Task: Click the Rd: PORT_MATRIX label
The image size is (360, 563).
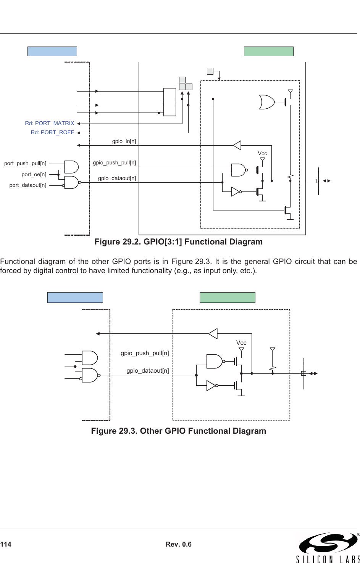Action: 50,123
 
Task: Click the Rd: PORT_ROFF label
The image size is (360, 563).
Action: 52,132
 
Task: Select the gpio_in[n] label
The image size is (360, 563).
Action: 124,142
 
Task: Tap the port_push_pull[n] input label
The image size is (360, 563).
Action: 25,164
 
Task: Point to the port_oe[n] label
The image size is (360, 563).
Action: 34,174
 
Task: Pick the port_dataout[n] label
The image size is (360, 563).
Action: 28,185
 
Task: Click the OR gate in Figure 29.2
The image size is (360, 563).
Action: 266,102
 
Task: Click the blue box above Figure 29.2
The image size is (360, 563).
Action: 52,51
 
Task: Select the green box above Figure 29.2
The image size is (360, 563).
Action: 269,51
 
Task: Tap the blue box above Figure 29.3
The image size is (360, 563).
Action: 75,298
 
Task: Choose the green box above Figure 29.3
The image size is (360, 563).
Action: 228,298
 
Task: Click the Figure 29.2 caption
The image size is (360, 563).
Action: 178,242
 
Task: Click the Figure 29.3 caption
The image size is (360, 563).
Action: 178,431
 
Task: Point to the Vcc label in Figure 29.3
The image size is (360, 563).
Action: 241,343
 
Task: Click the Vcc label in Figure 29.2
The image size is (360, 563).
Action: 262,153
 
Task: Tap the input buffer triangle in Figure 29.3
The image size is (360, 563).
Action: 213,334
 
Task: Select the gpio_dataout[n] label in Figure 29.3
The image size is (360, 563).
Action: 147,370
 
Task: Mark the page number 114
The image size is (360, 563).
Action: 6,544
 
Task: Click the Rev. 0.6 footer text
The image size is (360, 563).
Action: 179,544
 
